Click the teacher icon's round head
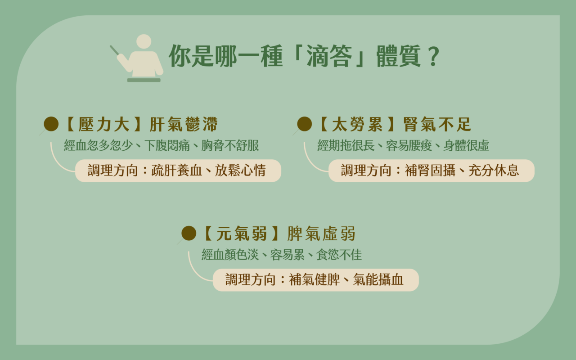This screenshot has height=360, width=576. point(144,41)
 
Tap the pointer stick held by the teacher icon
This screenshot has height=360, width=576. point(115,50)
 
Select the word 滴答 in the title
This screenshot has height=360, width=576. point(329,56)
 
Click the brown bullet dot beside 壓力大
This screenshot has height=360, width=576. point(51,124)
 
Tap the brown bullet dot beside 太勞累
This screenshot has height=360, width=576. point(305,124)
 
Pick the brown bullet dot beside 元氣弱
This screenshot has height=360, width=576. point(189,233)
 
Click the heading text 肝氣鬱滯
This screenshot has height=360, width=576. point(184,124)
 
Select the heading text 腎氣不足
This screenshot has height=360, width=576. point(437,124)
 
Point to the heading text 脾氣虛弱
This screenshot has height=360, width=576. point(321,234)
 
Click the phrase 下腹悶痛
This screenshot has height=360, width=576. point(167,145)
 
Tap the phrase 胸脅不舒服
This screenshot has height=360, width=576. point(230,145)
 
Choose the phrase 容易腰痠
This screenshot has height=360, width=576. point(409,145)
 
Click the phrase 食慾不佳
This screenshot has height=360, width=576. point(339,255)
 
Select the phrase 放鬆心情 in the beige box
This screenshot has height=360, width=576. point(240,171)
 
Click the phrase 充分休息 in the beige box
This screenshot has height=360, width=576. point(494,171)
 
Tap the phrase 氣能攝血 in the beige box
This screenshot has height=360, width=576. point(378,280)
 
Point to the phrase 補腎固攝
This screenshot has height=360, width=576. point(430,171)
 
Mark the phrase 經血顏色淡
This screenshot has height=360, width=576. point(230,255)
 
